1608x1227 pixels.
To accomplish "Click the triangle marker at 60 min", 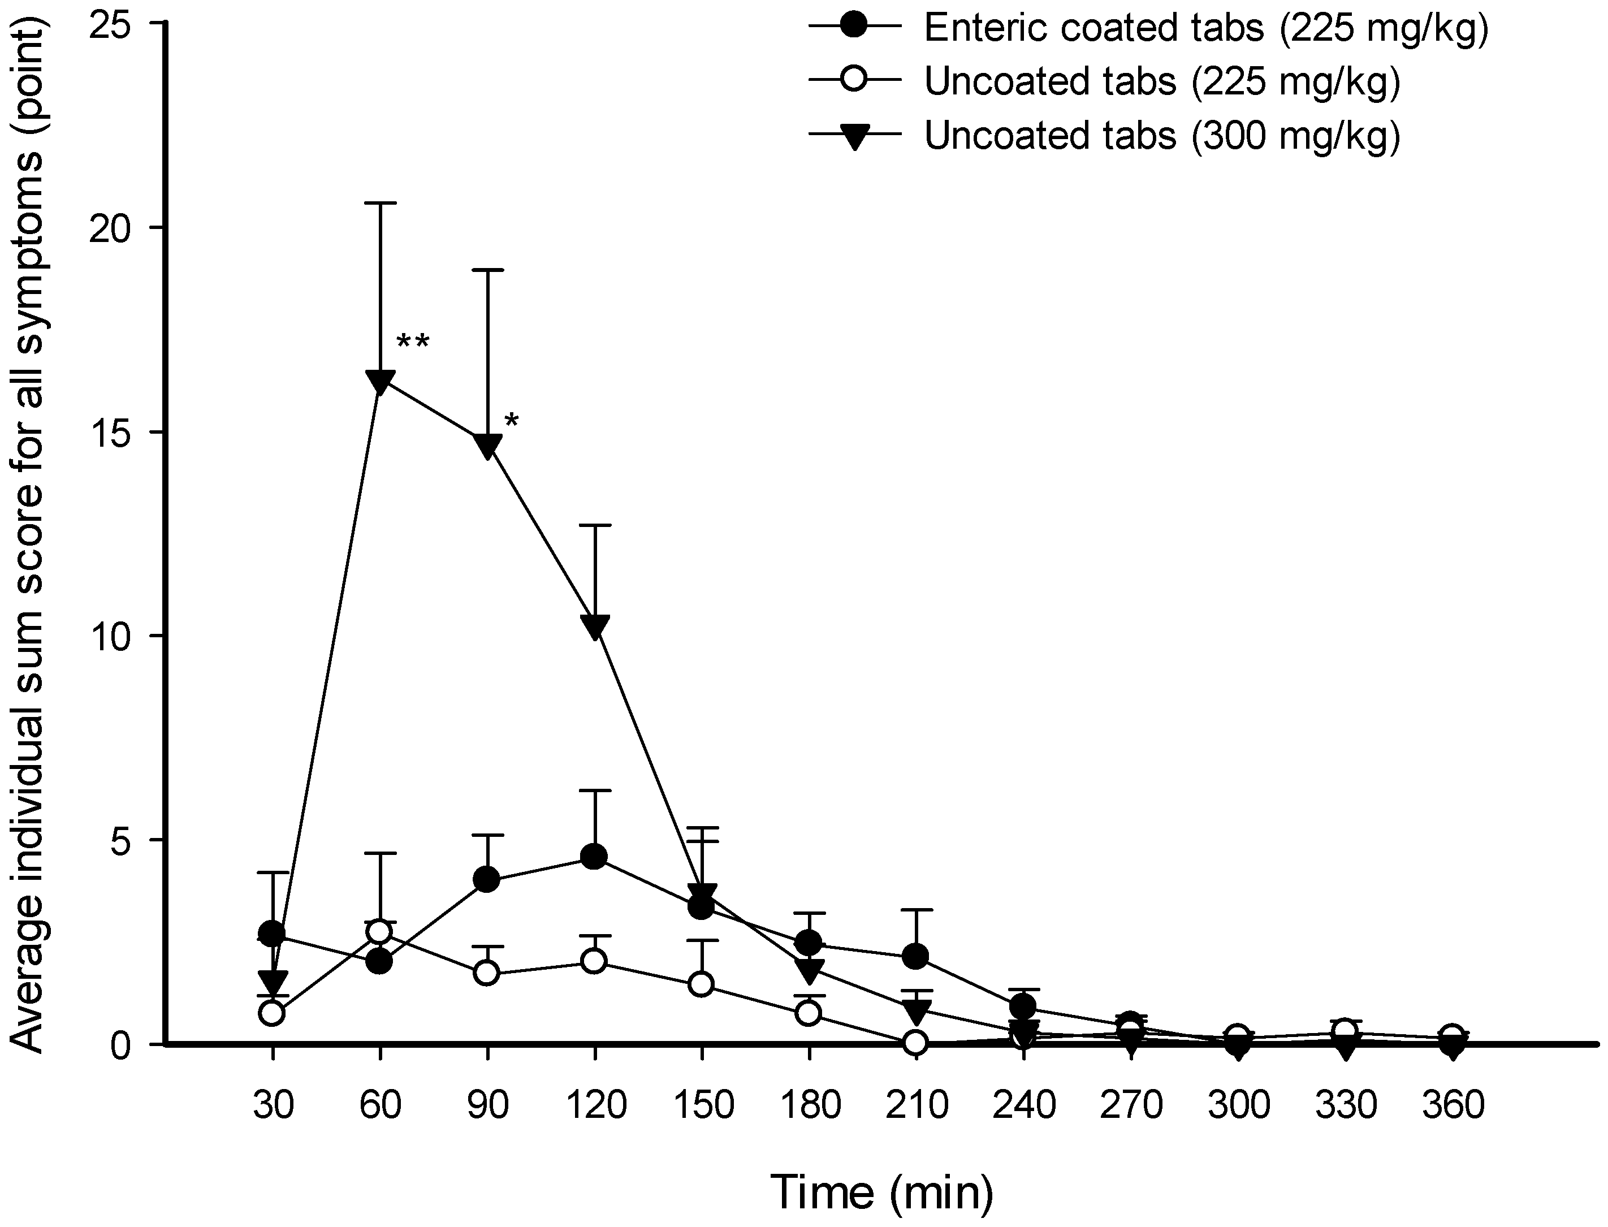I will pyautogui.click(x=381, y=381).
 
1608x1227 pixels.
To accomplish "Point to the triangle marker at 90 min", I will pyautogui.click(x=487, y=446).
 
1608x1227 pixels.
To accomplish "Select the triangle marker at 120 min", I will pyautogui.click(x=594, y=627).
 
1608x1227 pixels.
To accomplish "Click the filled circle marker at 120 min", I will pyautogui.click(x=594, y=857).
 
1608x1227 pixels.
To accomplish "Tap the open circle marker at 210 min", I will pyautogui.click(x=916, y=1043).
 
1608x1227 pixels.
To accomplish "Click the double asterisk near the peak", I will pyautogui.click(x=413, y=342).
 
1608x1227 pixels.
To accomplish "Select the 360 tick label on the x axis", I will pyautogui.click(x=1453, y=1105).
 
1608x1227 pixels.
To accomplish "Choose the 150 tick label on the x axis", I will pyautogui.click(x=702, y=1105).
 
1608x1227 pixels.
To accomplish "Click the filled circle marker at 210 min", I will pyautogui.click(x=916, y=956).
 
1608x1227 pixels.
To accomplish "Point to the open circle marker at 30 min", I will pyautogui.click(x=273, y=1014).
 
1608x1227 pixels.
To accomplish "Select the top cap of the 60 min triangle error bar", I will pyautogui.click(x=381, y=203).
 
